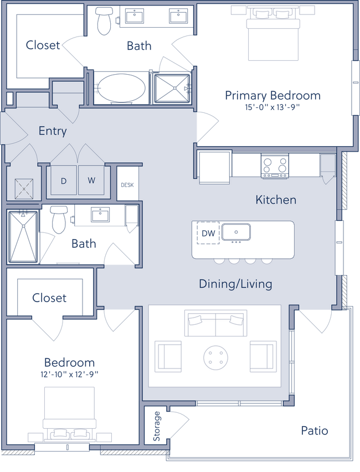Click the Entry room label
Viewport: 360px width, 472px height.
point(53,132)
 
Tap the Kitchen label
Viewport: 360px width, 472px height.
point(276,200)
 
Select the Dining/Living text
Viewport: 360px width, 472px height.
point(235,284)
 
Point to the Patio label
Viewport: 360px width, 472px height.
point(315,430)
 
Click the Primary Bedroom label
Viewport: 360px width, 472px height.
point(273,96)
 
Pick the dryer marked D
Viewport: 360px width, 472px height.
point(63,181)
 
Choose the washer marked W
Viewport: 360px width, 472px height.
point(91,181)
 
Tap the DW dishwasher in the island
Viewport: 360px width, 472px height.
point(210,234)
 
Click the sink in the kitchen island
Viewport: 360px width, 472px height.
point(236,232)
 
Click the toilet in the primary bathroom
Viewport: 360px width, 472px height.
point(102,20)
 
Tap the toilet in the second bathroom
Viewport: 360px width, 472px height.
point(57,219)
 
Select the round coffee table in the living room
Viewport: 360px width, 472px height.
point(216,357)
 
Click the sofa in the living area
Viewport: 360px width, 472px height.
point(215,324)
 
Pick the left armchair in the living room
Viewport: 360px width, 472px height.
point(168,356)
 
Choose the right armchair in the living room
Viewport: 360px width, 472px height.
point(263,356)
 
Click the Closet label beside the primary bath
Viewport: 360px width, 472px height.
point(43,45)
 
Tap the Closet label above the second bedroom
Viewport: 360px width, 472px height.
point(49,298)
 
